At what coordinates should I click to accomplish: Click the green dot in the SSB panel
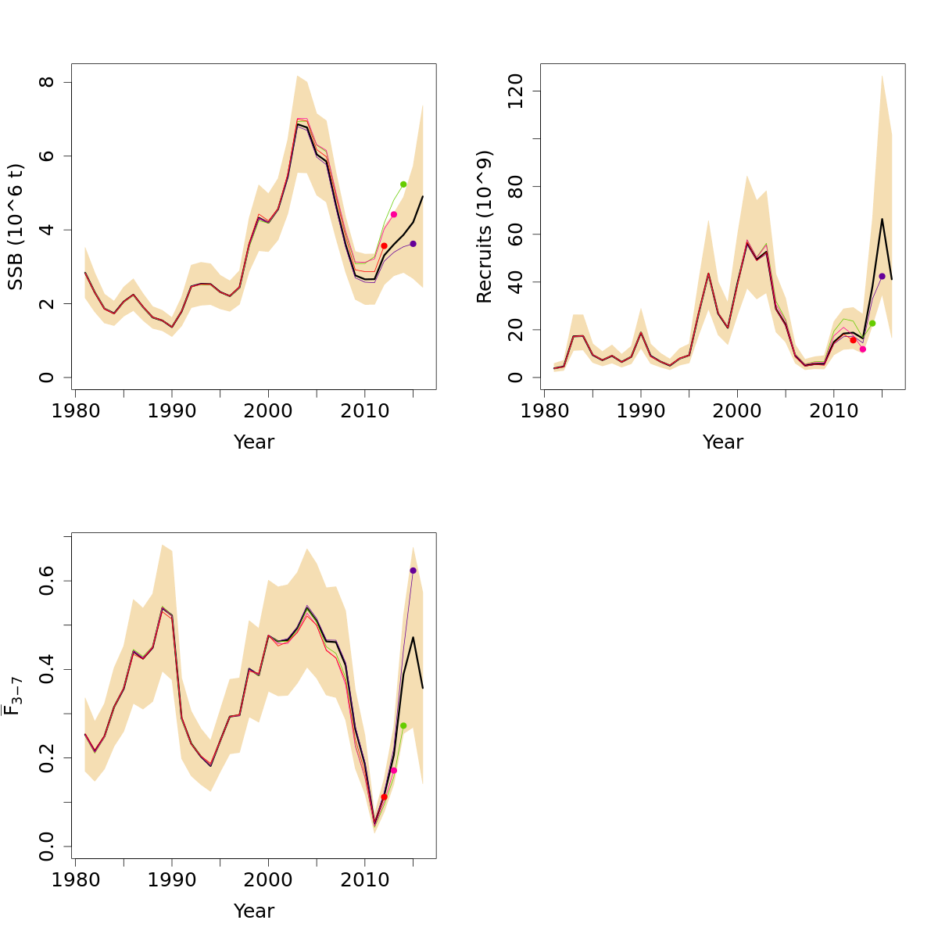click(403, 184)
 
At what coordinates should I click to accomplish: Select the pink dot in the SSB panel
click(394, 214)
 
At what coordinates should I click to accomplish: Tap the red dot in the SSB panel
click(384, 245)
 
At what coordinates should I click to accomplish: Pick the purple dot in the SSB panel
click(413, 244)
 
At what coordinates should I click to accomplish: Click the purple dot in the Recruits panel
click(882, 276)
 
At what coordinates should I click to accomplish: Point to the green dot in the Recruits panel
click(872, 324)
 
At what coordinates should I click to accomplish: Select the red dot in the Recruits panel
click(853, 340)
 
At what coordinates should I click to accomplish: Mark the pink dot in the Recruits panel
click(863, 349)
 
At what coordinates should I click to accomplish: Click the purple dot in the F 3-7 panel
click(413, 571)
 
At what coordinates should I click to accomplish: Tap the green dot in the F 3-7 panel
click(403, 725)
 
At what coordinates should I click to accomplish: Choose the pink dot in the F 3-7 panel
click(394, 770)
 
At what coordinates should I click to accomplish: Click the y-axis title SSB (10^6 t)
click(16, 227)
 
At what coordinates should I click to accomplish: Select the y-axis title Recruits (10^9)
click(485, 227)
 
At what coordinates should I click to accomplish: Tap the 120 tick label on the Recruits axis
click(514, 91)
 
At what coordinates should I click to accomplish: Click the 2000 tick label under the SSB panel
click(268, 411)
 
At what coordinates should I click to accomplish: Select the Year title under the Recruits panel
click(722, 442)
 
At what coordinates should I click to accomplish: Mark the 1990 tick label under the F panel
click(172, 880)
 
